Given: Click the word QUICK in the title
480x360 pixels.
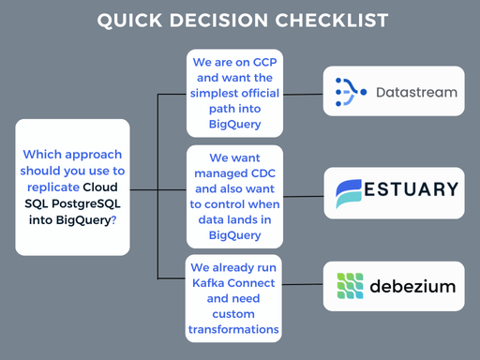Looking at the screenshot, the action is point(129,21).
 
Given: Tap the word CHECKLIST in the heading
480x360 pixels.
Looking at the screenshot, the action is point(332,21).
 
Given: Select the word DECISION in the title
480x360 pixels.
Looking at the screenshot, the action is point(218,21).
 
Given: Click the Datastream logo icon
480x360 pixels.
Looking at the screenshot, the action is point(351,92).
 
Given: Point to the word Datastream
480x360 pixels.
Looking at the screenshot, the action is point(416,93).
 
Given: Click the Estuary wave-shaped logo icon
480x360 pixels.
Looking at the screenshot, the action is point(349,193).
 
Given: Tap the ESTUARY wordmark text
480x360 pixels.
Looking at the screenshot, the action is point(411,189).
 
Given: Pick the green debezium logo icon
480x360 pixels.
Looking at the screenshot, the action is point(350,286).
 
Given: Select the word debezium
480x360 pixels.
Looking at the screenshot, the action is point(412,286).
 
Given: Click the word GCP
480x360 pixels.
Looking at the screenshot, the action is point(264,62).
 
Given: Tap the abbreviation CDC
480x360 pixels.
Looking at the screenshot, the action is point(263,173).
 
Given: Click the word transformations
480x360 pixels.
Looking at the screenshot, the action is point(233,329).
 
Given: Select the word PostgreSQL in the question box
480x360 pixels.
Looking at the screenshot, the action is point(86,203).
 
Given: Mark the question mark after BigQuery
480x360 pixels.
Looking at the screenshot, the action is point(113,220).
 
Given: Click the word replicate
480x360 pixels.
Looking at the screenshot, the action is point(53,187).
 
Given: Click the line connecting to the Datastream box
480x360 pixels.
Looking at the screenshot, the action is point(303,94).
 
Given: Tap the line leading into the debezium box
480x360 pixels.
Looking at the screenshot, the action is point(302,284).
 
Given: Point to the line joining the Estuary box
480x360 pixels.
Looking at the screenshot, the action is point(304,197).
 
